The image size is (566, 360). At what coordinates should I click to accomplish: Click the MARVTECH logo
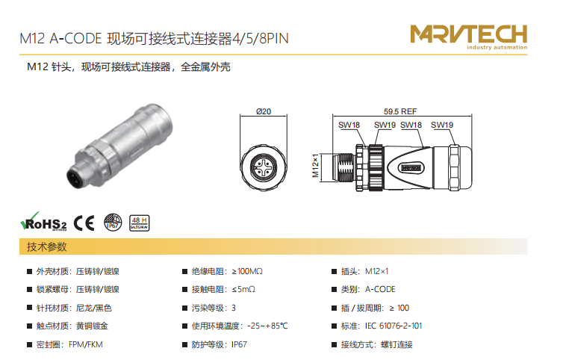point(468,37)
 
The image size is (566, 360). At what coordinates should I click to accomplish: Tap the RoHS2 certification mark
point(43,222)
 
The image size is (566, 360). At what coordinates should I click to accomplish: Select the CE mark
point(84,223)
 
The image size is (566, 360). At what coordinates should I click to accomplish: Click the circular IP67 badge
point(113,222)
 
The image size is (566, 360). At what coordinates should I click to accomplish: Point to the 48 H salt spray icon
point(140,223)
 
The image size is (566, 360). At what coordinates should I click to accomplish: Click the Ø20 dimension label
point(264,111)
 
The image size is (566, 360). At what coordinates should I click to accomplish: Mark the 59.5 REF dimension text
point(400,111)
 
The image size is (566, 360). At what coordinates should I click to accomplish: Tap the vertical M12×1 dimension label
point(315,166)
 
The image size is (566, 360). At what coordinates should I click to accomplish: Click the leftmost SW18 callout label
point(349,125)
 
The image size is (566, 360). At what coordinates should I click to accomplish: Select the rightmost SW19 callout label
point(442,125)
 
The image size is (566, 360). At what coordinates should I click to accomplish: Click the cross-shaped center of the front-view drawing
point(263,167)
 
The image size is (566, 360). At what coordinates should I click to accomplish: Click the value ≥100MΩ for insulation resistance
point(247,271)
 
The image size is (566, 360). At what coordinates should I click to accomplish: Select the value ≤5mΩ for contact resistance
point(243,289)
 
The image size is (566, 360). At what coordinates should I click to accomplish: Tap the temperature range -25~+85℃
point(267,326)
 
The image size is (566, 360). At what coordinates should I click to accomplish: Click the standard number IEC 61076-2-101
point(394,326)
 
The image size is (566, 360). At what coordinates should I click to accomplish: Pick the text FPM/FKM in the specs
point(86,344)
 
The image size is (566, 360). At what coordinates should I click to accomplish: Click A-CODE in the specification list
point(380,289)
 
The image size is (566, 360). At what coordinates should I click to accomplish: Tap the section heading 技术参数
point(47,246)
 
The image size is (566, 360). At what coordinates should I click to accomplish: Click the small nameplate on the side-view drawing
point(411,168)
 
